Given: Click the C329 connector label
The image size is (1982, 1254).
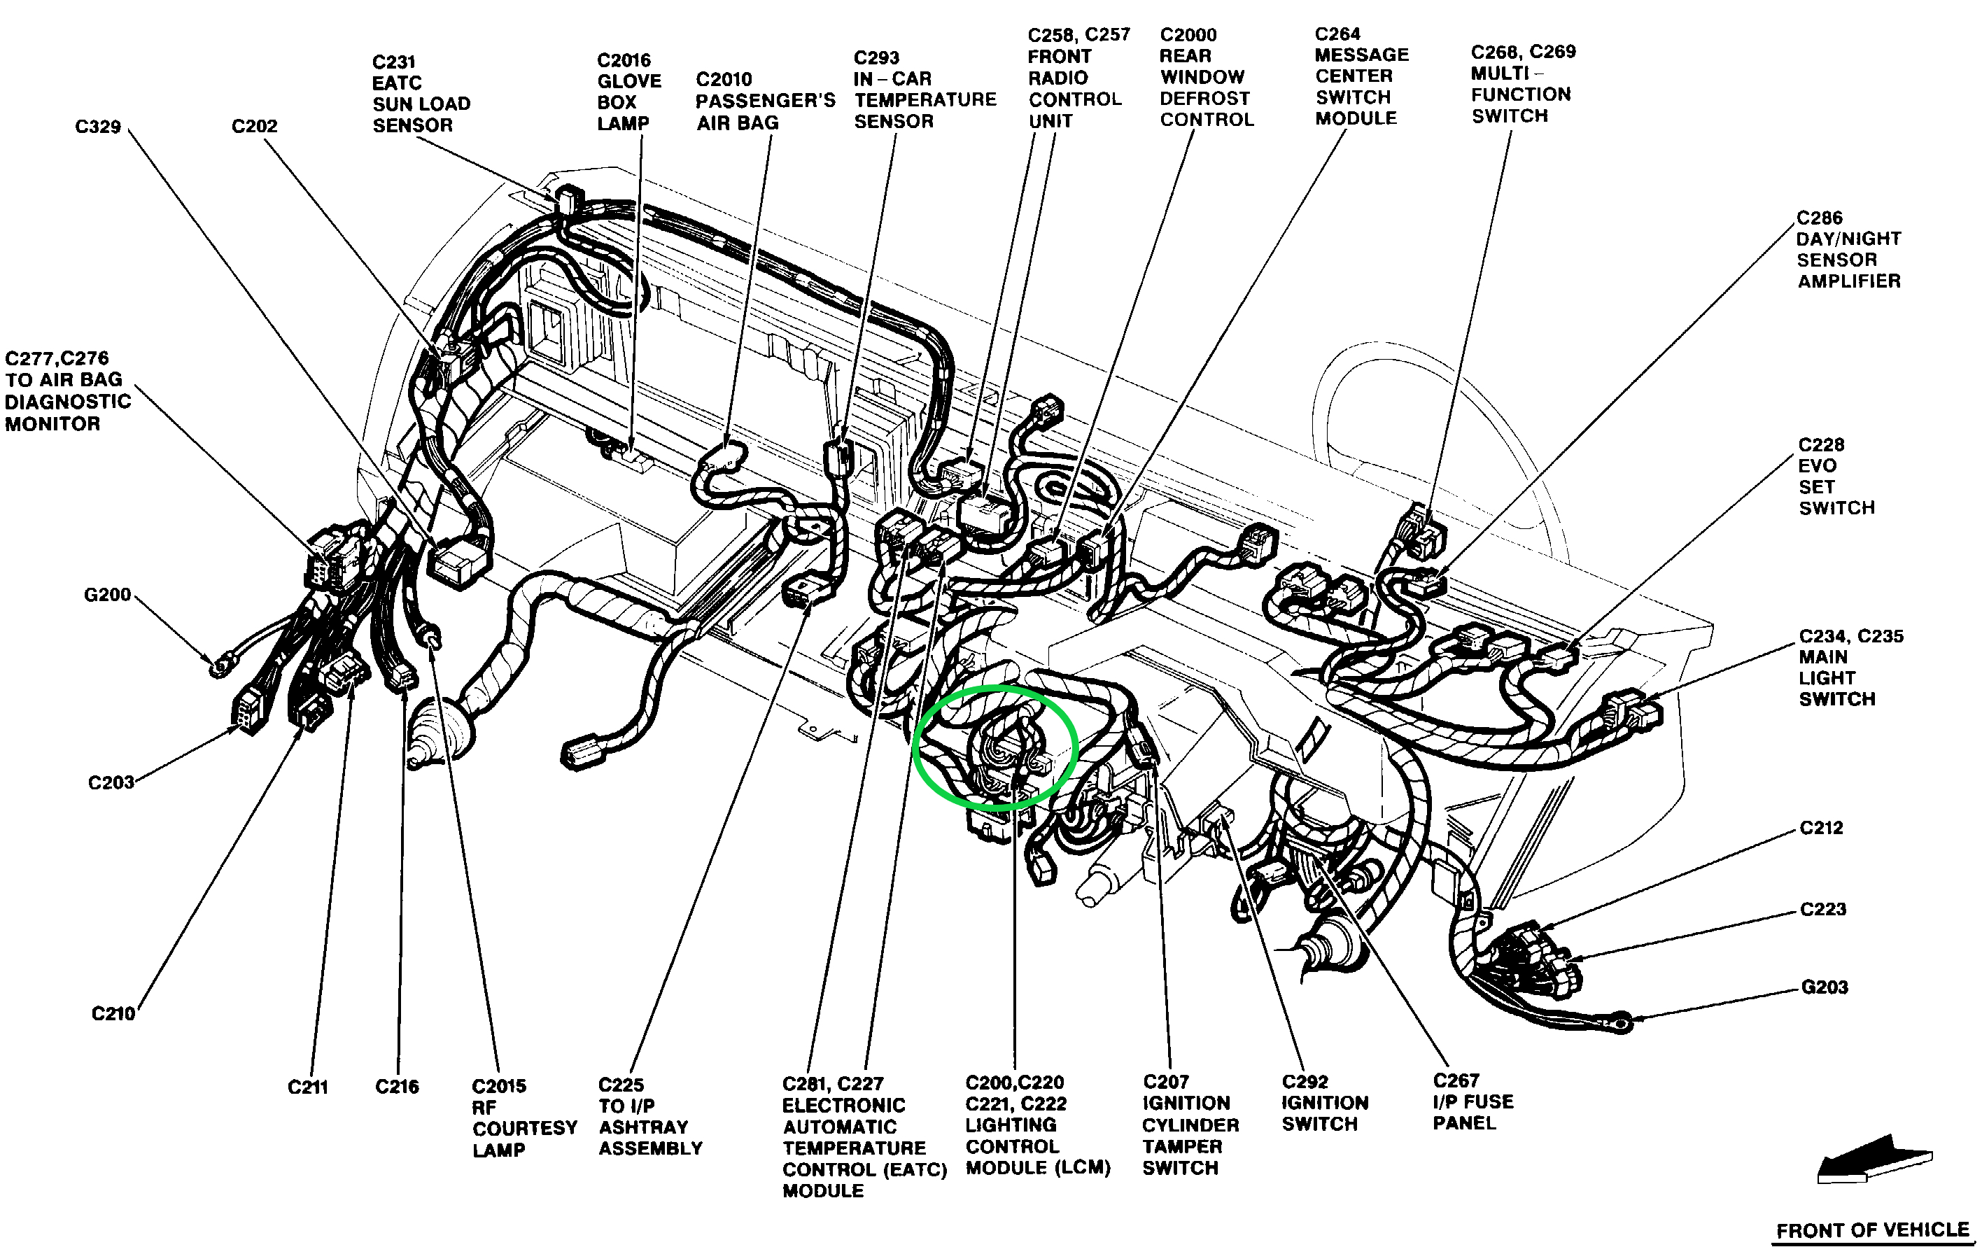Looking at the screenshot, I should click(98, 127).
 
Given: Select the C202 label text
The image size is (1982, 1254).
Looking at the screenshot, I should click(254, 126).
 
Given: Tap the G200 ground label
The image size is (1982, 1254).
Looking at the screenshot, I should click(107, 594).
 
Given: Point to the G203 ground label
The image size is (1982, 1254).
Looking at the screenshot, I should click(1824, 987).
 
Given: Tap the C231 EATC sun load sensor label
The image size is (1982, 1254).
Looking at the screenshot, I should click(421, 93).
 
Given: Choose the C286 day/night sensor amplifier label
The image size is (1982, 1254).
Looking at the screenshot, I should click(1848, 249).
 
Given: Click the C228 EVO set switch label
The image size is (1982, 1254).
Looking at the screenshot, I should click(1836, 477).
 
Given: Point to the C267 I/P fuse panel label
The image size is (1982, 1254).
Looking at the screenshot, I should click(1473, 1101).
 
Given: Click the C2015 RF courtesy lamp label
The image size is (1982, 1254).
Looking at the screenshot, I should click(524, 1118).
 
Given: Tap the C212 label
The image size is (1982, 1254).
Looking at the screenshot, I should click(1820, 828).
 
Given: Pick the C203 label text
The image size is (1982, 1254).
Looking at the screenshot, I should click(111, 782).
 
